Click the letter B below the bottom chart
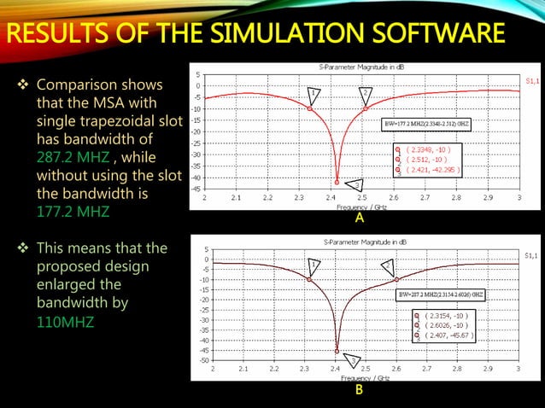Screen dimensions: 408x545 [x=360, y=391]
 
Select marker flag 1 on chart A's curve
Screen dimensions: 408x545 [x=314, y=93]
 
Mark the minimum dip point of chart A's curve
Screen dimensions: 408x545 [x=337, y=182]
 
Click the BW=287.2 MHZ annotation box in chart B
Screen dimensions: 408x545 [x=442, y=294]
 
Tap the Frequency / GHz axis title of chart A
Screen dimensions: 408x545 [x=360, y=207]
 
